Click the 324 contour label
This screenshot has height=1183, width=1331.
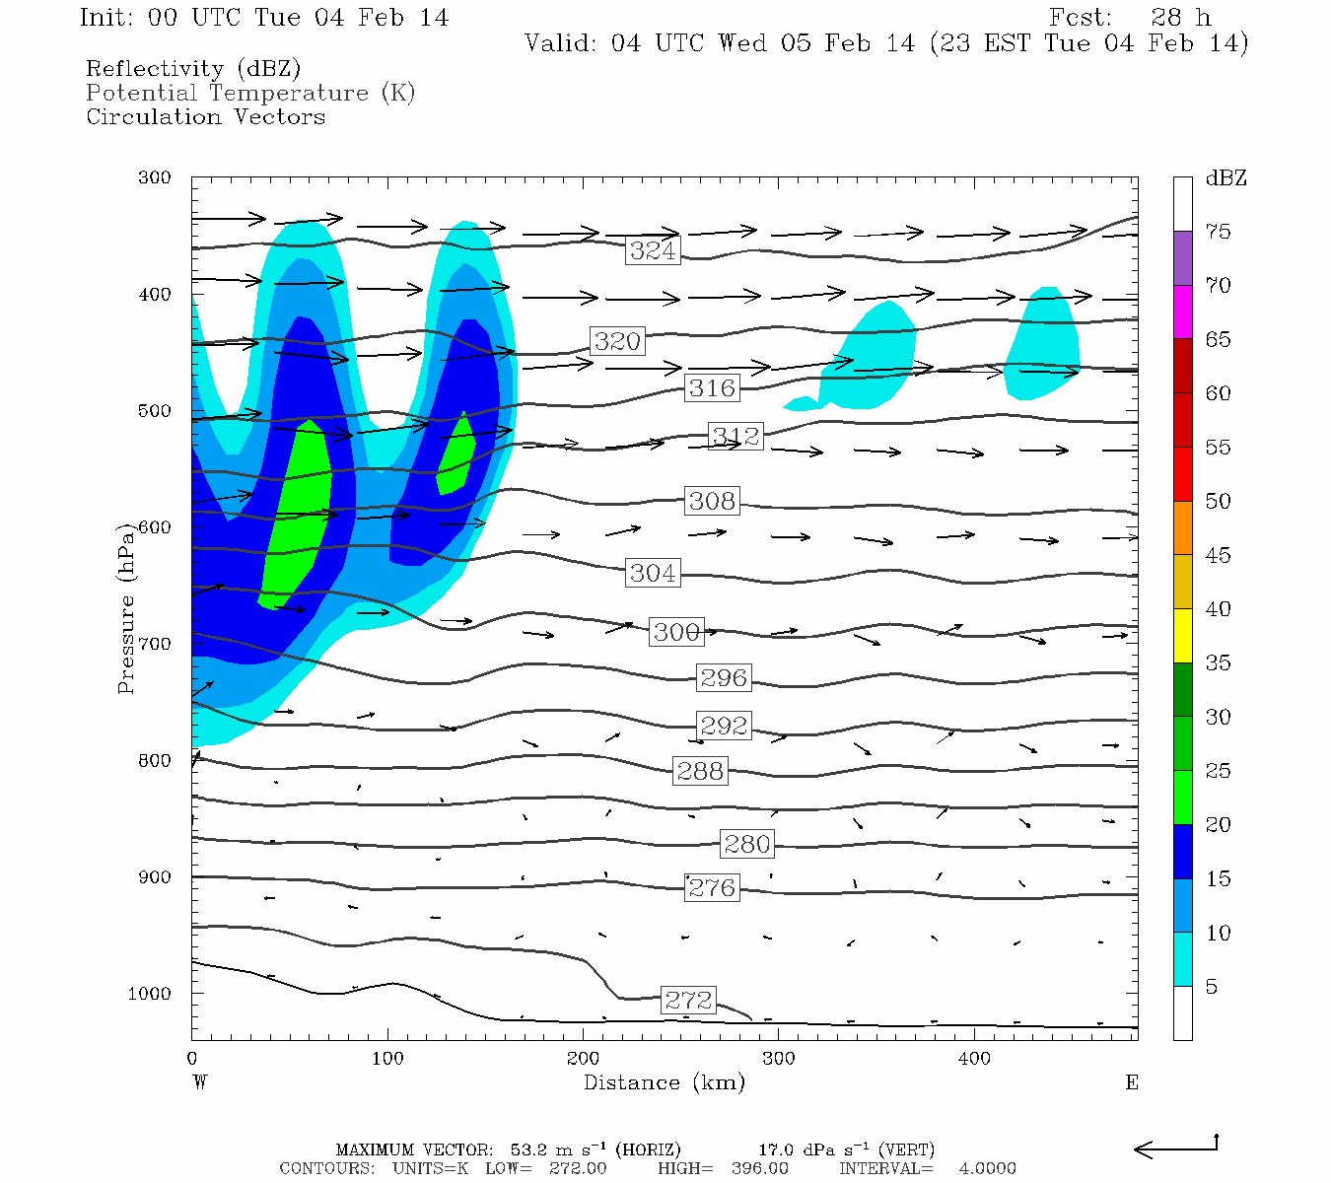[653, 250]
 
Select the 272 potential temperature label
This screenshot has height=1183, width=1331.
[688, 1000]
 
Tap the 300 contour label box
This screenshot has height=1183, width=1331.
[676, 632]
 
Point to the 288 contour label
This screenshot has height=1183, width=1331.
[700, 770]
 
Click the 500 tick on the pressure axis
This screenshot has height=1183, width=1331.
[155, 411]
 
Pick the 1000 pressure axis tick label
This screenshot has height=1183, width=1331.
[150, 994]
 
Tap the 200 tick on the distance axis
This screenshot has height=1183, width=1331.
[583, 1059]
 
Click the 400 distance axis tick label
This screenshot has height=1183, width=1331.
[974, 1059]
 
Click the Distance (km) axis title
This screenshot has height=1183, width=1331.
[664, 1082]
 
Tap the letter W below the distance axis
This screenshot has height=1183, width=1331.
[200, 1082]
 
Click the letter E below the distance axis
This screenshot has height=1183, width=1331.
[1131, 1082]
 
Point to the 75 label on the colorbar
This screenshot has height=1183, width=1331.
[1219, 232]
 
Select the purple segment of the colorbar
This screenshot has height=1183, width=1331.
[1182, 258]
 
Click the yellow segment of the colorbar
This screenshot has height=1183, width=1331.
[1182, 636]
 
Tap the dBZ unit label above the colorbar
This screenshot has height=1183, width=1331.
[1226, 178]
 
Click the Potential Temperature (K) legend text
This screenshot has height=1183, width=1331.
[250, 93]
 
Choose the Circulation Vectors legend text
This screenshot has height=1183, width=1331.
[205, 116]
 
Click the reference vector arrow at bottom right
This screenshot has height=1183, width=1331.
[1175, 1148]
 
